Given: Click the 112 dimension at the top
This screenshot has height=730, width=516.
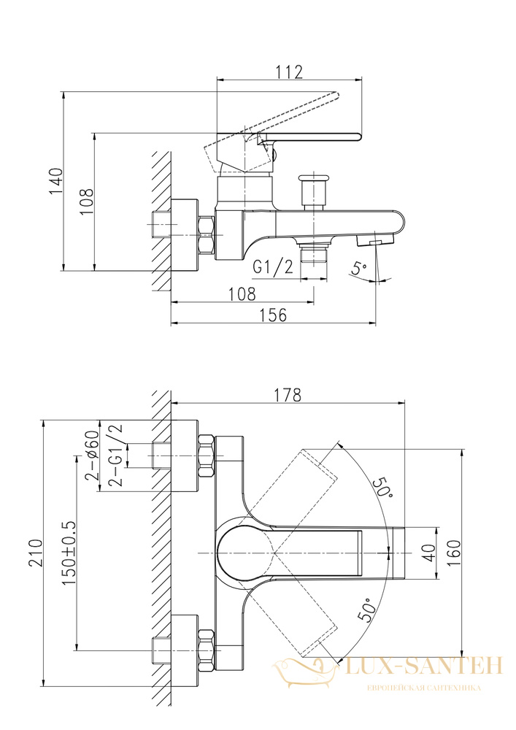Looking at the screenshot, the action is pyautogui.click(x=290, y=72).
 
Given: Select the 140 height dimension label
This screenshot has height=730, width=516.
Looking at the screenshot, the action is pyautogui.click(x=56, y=181).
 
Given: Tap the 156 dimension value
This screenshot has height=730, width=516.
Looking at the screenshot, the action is pyautogui.click(x=273, y=315).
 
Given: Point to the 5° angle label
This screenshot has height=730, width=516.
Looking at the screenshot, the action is pyautogui.click(x=359, y=268).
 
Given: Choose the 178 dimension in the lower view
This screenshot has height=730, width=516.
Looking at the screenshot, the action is pyautogui.click(x=288, y=395).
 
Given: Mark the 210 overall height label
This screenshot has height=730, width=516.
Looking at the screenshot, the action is pyautogui.click(x=36, y=553).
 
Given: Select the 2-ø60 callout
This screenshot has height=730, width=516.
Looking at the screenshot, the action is pyautogui.click(x=92, y=455).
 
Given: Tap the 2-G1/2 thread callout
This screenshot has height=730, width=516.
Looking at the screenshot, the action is pyautogui.click(x=115, y=455).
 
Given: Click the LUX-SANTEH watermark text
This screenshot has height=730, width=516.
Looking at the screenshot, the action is pyautogui.click(x=424, y=666).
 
